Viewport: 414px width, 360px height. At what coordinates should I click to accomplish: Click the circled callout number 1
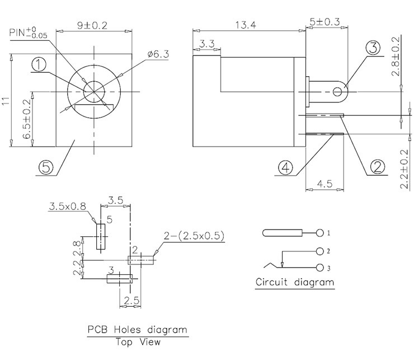[x=39, y=65]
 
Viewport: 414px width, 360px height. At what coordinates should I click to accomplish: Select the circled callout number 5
[x=46, y=166]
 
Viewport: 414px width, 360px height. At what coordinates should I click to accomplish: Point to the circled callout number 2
[x=377, y=166]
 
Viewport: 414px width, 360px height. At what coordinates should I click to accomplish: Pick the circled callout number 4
[x=286, y=167]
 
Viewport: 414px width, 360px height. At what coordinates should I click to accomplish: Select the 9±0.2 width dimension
[x=92, y=25]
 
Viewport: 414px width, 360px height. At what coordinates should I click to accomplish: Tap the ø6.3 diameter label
[x=158, y=54]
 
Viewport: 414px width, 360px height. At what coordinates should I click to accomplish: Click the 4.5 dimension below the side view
[x=326, y=183]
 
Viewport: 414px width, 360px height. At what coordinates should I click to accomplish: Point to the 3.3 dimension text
[x=206, y=43]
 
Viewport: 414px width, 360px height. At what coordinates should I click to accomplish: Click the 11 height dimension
[x=6, y=101]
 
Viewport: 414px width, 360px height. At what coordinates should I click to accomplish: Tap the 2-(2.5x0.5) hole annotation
[x=194, y=236]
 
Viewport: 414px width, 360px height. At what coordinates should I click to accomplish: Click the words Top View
[x=137, y=342]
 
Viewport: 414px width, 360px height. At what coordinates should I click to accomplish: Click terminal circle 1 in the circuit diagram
[x=320, y=232]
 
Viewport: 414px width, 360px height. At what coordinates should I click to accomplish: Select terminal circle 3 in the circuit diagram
[x=320, y=267]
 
